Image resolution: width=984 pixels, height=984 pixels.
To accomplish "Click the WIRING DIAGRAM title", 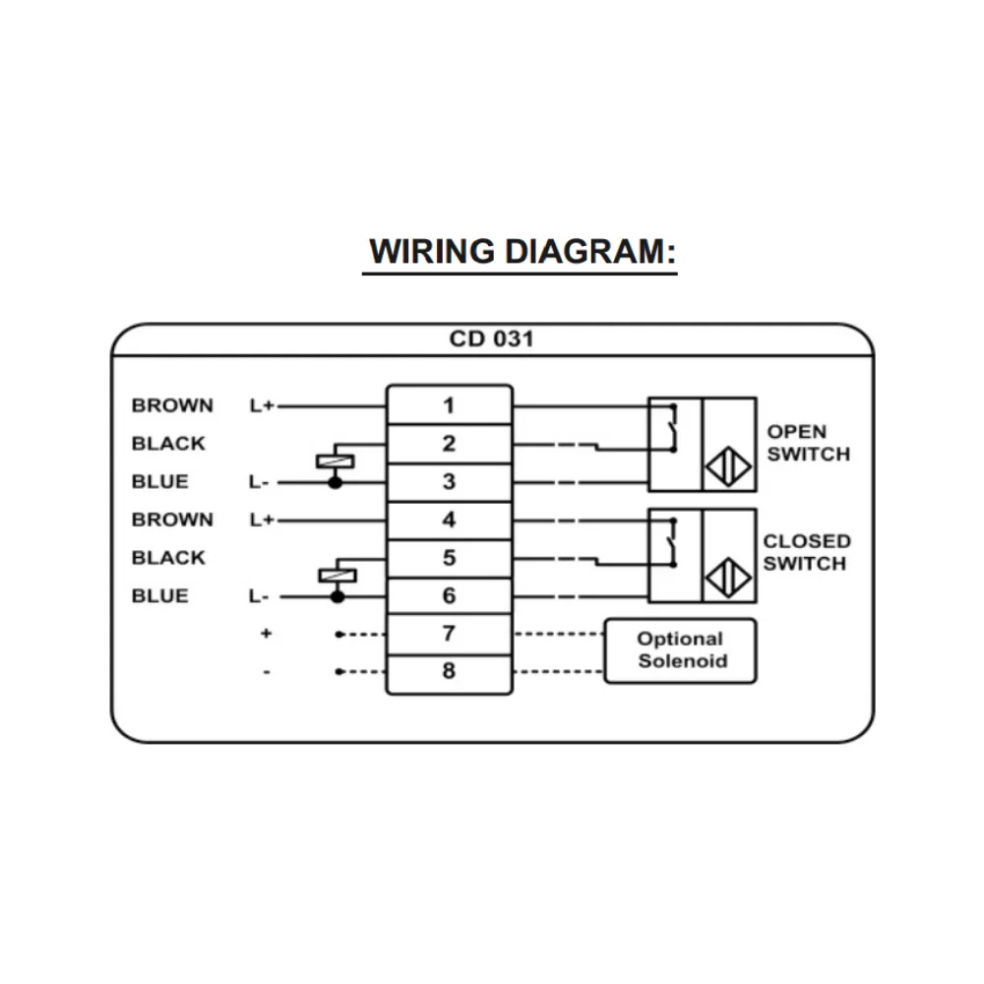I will (523, 252).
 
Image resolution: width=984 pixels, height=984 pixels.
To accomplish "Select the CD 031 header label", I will (491, 339).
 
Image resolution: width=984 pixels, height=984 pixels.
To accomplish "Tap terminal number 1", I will (449, 404).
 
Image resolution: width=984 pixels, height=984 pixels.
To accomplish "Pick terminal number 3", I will (449, 482).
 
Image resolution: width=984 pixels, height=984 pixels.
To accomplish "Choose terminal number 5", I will (449, 558).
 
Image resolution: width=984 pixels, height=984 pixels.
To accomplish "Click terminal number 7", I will (449, 634).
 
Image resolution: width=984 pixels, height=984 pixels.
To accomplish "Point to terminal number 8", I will (449, 672).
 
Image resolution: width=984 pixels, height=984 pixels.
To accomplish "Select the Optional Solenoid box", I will (680, 650).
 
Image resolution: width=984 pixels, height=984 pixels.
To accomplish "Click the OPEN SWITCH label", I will (808, 443).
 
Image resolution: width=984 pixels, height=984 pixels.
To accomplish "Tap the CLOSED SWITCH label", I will (806, 552).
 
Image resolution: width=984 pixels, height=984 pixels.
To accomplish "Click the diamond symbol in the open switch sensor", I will (728, 466).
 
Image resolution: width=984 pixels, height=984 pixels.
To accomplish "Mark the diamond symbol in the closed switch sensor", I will (728, 577).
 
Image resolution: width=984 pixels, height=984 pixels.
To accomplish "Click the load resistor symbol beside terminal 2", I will (335, 461).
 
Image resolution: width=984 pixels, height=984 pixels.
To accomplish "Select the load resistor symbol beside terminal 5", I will (337, 576).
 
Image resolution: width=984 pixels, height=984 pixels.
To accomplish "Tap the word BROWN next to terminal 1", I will (172, 405).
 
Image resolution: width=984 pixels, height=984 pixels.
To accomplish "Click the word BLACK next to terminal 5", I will (168, 558).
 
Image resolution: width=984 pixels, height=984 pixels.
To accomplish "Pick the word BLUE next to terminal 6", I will (159, 596).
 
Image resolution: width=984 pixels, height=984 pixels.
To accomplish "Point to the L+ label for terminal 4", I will (261, 520).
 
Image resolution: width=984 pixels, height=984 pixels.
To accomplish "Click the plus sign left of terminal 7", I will (266, 635).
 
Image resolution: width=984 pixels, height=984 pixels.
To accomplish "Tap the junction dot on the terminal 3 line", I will (335, 483).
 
